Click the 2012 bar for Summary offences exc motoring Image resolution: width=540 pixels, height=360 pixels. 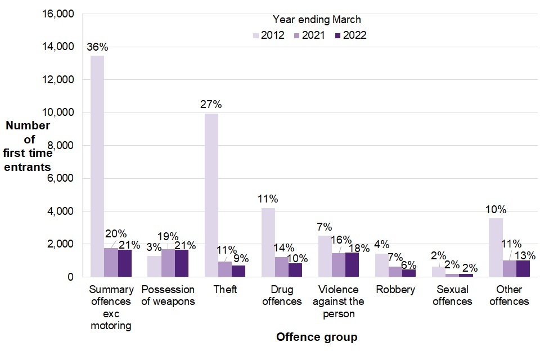pyautogui.click(x=97, y=166)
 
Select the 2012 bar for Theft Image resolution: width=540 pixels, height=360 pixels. pyautogui.click(x=211, y=195)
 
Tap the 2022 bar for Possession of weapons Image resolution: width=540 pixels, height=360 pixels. pyautogui.click(x=182, y=263)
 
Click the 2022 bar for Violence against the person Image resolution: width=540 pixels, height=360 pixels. pyautogui.click(x=352, y=264)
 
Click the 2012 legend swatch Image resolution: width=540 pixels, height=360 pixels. pyautogui.click(x=256, y=35)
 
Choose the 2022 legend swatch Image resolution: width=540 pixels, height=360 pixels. pyautogui.click(x=337, y=35)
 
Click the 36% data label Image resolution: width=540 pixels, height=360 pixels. pyautogui.click(x=97, y=47)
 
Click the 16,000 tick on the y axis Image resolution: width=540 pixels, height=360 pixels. pyautogui.click(x=58, y=14)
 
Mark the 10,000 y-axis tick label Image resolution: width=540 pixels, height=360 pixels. pyautogui.click(x=58, y=112)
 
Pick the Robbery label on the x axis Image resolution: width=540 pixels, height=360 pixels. pyautogui.click(x=396, y=290)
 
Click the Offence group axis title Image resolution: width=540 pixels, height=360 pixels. pyautogui.click(x=317, y=337)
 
